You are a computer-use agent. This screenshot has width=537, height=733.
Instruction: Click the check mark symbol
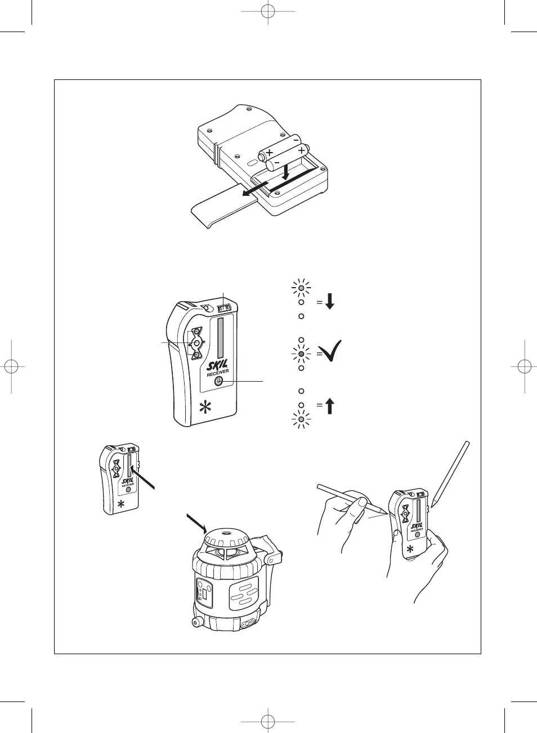pyautogui.click(x=330, y=351)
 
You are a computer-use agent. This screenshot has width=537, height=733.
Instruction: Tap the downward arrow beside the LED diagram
pyautogui.click(x=330, y=301)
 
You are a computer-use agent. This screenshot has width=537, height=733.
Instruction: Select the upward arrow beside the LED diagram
pyautogui.click(x=330, y=405)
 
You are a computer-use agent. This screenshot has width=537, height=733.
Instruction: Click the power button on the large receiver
pyautogui.click(x=218, y=381)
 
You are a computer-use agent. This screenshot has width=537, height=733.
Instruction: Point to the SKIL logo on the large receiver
pyautogui.click(x=217, y=365)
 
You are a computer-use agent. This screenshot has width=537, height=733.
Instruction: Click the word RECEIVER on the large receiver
pyautogui.click(x=218, y=373)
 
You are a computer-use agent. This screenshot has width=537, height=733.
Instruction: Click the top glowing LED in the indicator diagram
pyautogui.click(x=301, y=288)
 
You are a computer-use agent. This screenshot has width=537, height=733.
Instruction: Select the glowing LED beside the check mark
pyautogui.click(x=301, y=354)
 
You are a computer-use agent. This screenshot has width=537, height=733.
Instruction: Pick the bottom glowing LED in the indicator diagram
pyautogui.click(x=301, y=419)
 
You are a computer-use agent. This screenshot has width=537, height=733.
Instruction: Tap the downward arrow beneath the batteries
pyautogui.click(x=287, y=172)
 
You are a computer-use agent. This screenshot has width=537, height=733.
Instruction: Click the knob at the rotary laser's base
pyautogui.click(x=196, y=622)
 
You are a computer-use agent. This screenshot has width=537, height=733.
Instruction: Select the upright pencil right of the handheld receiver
pyautogui.click(x=450, y=473)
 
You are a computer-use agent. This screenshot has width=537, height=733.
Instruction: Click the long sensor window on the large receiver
pyautogui.click(x=221, y=338)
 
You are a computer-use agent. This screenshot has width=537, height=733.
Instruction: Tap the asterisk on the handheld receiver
pyautogui.click(x=410, y=548)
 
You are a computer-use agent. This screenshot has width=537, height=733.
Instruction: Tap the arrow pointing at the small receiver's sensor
pyautogui.click(x=142, y=477)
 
